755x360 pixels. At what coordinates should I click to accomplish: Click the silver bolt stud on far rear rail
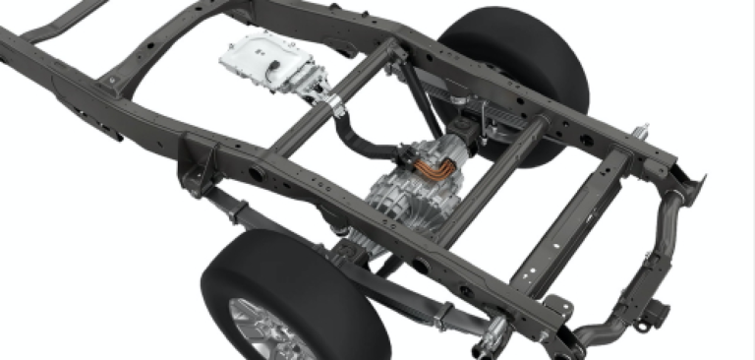(643, 128)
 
